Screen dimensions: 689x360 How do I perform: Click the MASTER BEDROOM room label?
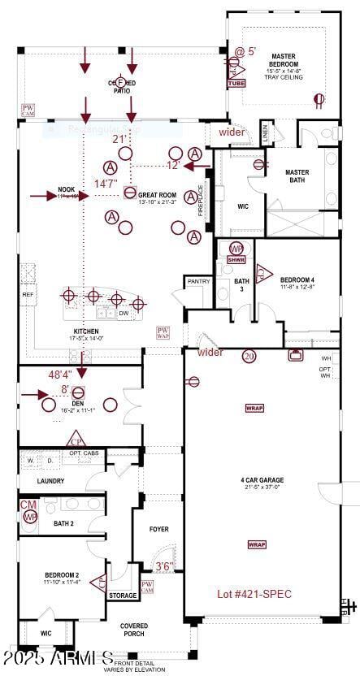coord(284,60)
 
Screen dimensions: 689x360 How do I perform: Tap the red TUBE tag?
coord(236,83)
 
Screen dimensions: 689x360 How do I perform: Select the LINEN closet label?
coord(265,131)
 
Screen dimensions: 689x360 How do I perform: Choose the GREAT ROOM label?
coord(157,195)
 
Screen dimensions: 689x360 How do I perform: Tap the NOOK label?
coord(67,191)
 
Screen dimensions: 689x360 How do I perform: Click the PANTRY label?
coord(198,281)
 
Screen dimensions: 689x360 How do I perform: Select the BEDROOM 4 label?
coord(297,281)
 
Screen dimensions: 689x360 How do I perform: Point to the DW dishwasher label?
coord(124,313)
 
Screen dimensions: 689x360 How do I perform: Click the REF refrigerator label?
coord(28,295)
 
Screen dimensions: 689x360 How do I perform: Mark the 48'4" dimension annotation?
coord(60,375)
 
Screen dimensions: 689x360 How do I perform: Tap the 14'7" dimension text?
coord(106,184)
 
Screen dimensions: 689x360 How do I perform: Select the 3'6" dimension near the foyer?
coord(164,566)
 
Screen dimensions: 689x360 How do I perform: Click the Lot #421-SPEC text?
coord(254,594)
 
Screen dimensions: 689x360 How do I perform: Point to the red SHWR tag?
coord(236,260)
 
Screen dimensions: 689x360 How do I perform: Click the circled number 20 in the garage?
coord(249,356)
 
